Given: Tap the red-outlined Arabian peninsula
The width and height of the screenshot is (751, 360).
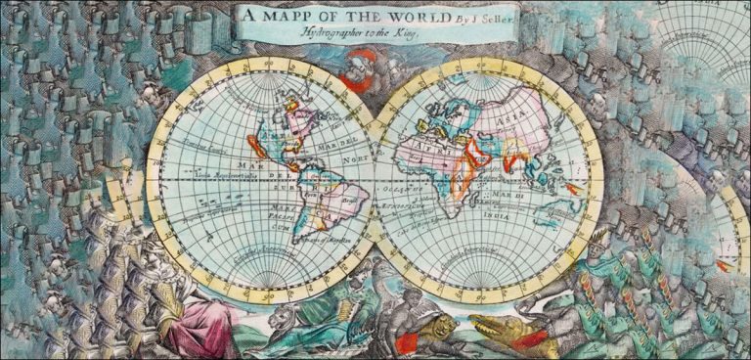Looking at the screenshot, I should click(x=477, y=152).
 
